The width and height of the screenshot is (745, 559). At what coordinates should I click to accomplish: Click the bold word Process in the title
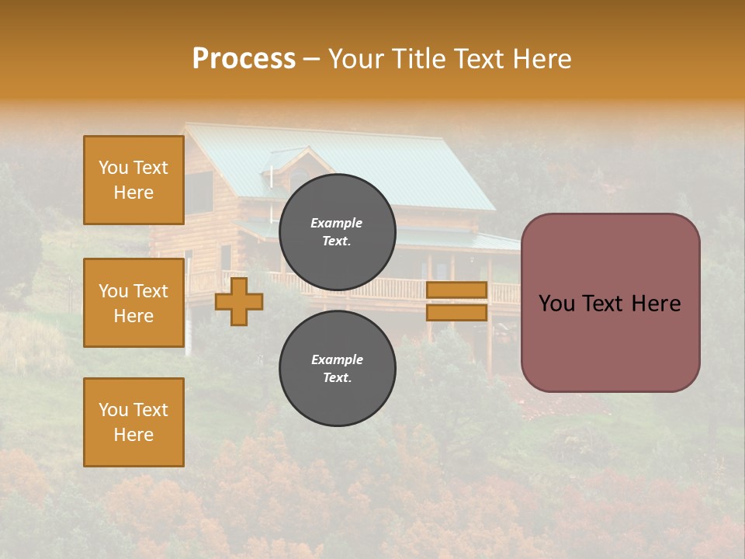click(244, 59)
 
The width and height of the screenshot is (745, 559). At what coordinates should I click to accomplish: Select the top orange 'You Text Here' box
click(133, 180)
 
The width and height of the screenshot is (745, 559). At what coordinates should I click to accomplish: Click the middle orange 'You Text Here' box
click(133, 303)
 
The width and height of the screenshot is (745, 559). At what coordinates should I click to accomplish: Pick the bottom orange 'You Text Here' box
click(133, 422)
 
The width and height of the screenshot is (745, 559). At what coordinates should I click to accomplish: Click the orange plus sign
click(239, 301)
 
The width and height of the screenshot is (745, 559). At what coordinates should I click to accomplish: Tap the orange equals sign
click(457, 301)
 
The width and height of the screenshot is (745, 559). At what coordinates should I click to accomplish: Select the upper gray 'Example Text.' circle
click(337, 232)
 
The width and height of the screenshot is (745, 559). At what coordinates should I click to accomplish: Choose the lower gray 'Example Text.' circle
click(337, 369)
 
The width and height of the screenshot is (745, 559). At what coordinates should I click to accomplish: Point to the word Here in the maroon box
click(655, 304)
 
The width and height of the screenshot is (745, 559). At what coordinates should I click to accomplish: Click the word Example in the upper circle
click(337, 223)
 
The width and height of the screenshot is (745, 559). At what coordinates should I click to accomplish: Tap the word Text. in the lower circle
click(337, 378)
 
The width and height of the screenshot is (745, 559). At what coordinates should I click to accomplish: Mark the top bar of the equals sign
click(457, 290)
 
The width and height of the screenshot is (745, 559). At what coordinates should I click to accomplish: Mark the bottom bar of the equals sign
click(457, 312)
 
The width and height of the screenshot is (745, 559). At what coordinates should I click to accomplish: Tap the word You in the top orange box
click(113, 168)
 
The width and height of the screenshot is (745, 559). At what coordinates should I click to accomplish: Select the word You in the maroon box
click(556, 304)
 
